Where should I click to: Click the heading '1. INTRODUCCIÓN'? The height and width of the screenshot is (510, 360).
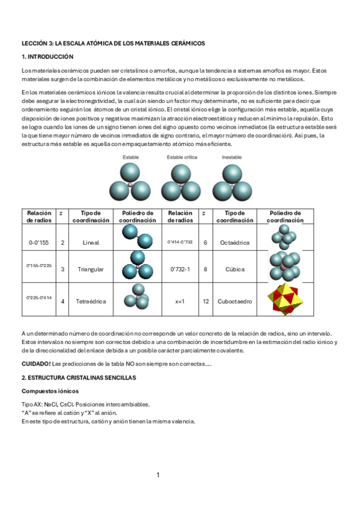click(x=47, y=57)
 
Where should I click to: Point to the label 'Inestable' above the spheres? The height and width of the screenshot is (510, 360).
click(x=231, y=158)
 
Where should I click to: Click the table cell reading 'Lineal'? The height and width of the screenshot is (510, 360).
click(x=91, y=242)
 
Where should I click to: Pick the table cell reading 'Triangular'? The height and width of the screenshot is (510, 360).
click(x=91, y=269)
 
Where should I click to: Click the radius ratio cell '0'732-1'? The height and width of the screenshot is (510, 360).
click(x=180, y=269)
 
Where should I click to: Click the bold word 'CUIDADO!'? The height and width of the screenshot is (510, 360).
click(x=36, y=364)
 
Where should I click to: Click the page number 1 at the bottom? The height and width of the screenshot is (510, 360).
click(x=158, y=475)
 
